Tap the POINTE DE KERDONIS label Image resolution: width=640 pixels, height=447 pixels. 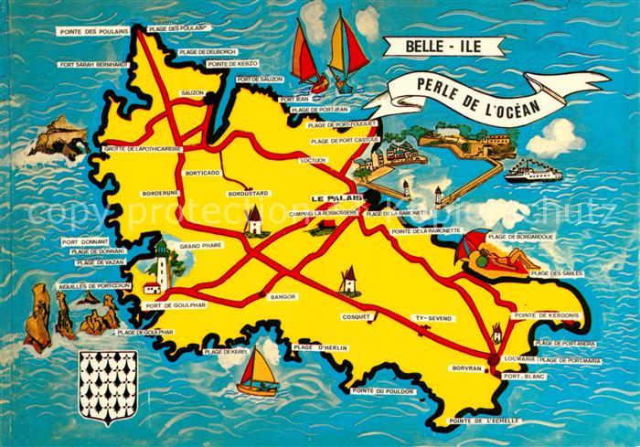click(x=547, y=315)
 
